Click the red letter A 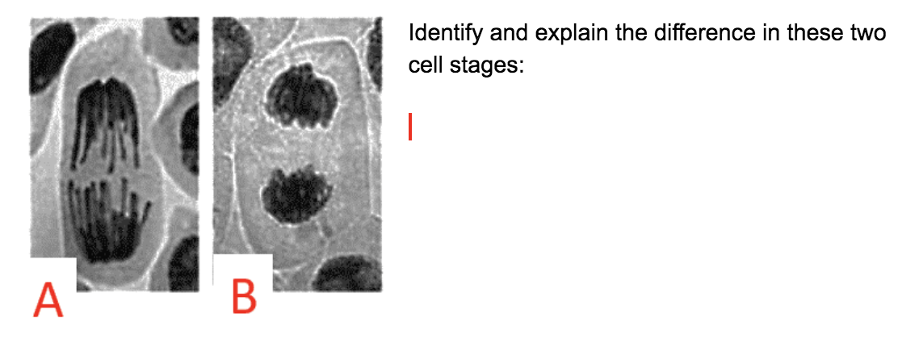click(x=48, y=299)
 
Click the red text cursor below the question click(x=410, y=127)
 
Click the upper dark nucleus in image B click(x=300, y=97)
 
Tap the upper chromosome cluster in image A click(x=107, y=125)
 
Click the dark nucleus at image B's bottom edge click(x=347, y=275)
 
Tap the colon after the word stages click(x=522, y=66)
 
